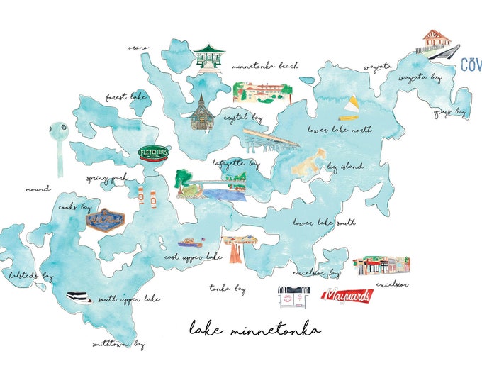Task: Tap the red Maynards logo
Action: click(x=347, y=296)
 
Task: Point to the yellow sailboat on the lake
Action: click(x=349, y=109)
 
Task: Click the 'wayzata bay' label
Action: click(x=420, y=77)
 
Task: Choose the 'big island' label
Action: click(x=345, y=167)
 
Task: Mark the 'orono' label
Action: click(x=138, y=48)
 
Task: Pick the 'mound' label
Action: click(x=38, y=189)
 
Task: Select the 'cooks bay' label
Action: click(x=75, y=208)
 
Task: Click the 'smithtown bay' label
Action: click(x=118, y=345)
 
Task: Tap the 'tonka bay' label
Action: click(x=228, y=289)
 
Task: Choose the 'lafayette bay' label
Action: click(x=236, y=163)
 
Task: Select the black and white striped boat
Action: click(x=79, y=297)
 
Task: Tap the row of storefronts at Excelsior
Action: click(x=381, y=266)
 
